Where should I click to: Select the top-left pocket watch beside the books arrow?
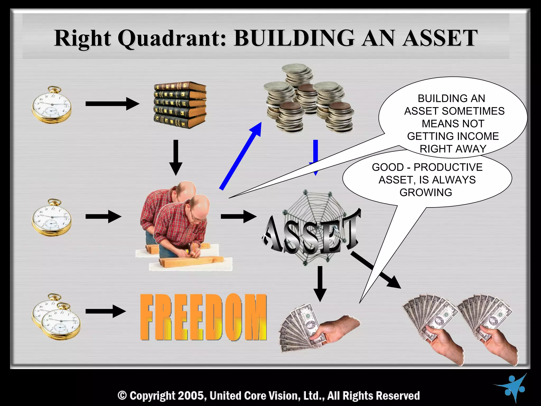click(x=52, y=105)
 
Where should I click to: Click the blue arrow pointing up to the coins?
click(x=240, y=156)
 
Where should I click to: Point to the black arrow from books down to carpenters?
click(x=176, y=157)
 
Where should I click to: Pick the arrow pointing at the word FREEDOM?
click(x=106, y=311)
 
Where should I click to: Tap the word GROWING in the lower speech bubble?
click(x=426, y=192)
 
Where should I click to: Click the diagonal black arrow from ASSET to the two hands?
click(x=375, y=270)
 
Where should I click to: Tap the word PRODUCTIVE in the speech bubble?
click(x=448, y=167)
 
